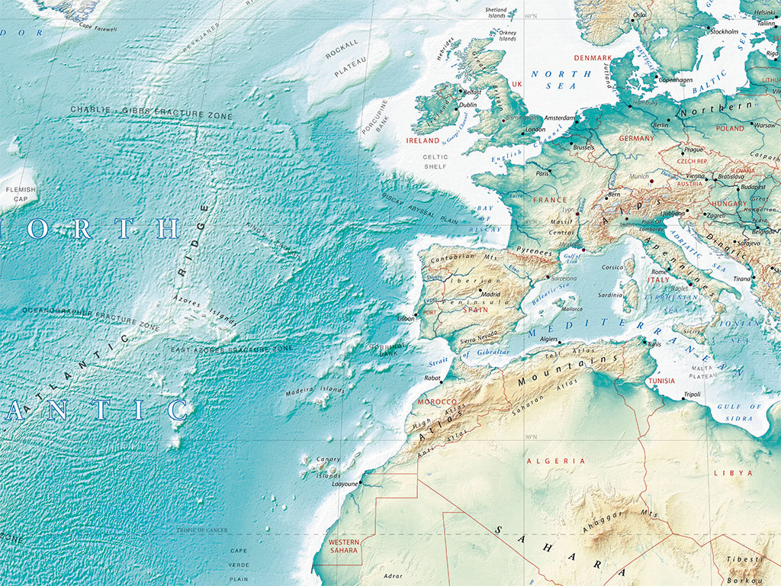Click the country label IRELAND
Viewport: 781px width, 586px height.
click(423, 140)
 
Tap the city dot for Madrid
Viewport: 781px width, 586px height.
click(480, 290)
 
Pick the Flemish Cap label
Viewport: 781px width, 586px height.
click(16, 194)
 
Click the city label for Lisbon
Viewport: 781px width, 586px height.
click(406, 318)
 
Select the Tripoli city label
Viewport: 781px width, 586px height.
click(692, 394)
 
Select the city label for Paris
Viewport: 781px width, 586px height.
click(542, 173)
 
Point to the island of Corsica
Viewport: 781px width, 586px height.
click(629, 267)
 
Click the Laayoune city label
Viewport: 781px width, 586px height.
click(345, 484)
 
